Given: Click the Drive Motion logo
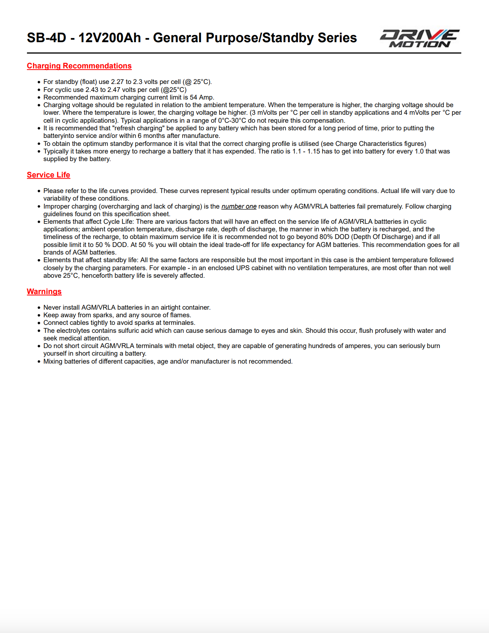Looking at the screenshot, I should click(420, 38).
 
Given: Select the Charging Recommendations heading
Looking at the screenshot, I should click(79, 66).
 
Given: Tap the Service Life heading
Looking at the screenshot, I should click(48, 175).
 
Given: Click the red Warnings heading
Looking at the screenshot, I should click(44, 291).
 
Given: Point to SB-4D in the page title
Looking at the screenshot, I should click(46, 38).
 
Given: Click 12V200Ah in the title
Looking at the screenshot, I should click(110, 38).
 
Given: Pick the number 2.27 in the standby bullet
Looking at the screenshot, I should click(117, 82).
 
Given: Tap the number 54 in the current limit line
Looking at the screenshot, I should click(194, 97).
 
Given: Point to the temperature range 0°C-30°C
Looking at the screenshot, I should click(232, 120).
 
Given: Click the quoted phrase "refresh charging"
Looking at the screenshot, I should click(139, 128).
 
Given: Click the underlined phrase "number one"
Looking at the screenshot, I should click(239, 206).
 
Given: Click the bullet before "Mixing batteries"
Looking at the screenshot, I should click(39, 362).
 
